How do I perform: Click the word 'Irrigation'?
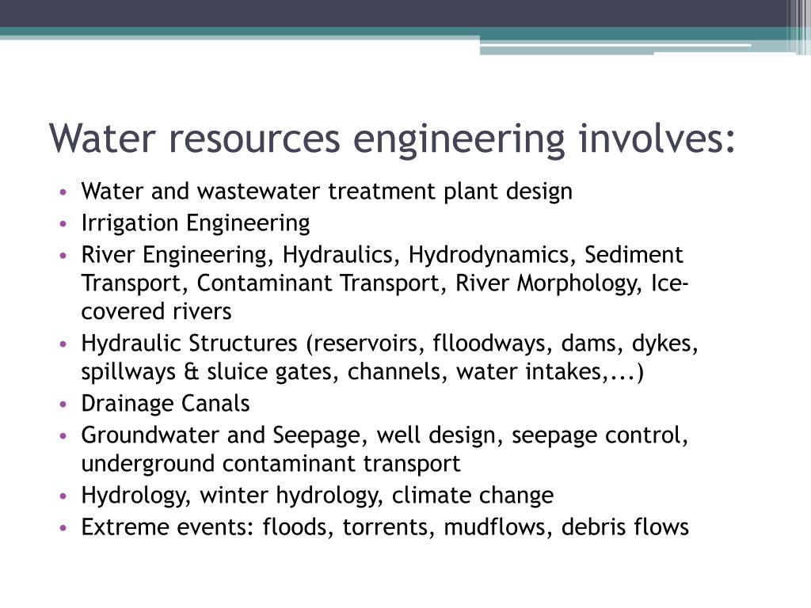click(x=131, y=224)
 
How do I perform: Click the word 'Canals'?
click(x=215, y=404)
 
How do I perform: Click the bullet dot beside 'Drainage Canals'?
click(x=63, y=405)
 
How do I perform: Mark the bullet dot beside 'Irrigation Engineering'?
click(x=63, y=225)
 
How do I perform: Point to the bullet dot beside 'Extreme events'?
click(x=63, y=528)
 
